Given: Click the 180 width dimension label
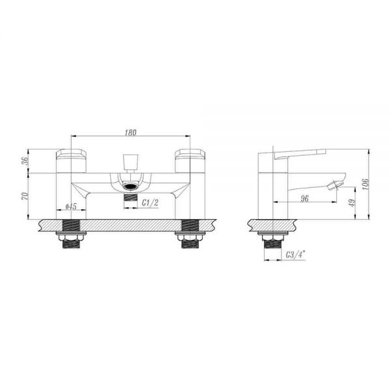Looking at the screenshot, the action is click(x=131, y=132).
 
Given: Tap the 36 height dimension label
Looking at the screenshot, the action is click(x=25, y=161).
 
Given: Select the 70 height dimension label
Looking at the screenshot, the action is click(x=25, y=196).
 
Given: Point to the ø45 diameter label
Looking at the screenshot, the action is click(x=71, y=206).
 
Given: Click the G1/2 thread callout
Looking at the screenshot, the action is click(x=150, y=203).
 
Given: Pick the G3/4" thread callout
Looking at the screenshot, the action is click(x=295, y=255).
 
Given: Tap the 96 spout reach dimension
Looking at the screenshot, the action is click(x=304, y=199).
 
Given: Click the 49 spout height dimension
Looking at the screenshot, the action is click(x=352, y=203).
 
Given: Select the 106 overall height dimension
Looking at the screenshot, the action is click(x=365, y=184).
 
